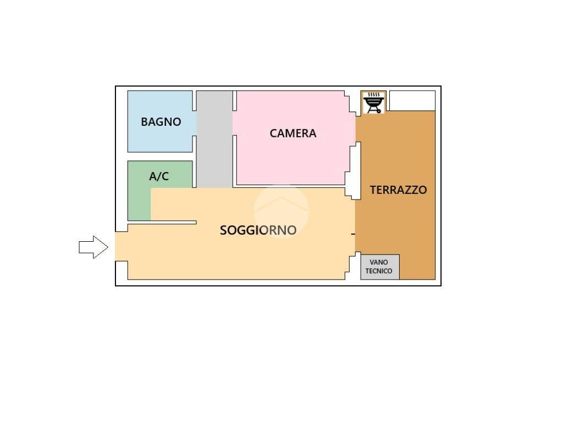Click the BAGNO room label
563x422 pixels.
[x=161, y=122]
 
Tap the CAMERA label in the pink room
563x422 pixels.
[x=293, y=133]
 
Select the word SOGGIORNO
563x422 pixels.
[x=258, y=230]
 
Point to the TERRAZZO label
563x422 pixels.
[x=398, y=190]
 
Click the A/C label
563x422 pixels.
[x=159, y=176]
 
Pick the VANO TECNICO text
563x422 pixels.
[x=379, y=267]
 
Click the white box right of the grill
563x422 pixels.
[x=412, y=100]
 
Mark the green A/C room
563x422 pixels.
[x=139, y=198]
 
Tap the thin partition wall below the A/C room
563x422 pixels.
[x=162, y=222]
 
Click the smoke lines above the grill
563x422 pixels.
[x=374, y=95]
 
